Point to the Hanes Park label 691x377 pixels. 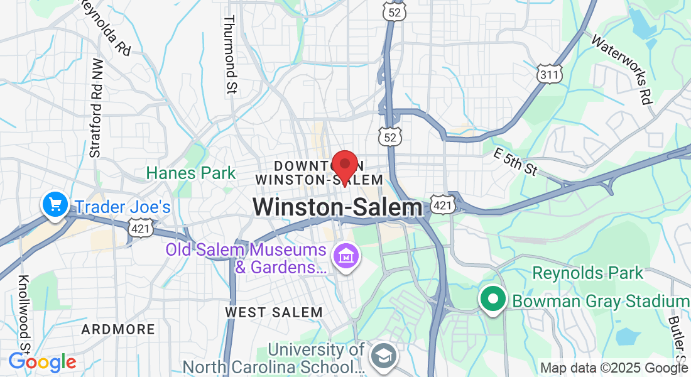click(191, 173)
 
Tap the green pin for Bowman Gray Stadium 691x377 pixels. click(493, 299)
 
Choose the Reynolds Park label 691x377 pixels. click(588, 273)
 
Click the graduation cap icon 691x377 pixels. click(382, 356)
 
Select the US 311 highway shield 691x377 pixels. click(550, 74)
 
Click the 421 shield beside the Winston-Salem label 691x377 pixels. click(442, 205)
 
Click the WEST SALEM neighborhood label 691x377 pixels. click(274, 312)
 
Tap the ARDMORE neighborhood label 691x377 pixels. click(118, 329)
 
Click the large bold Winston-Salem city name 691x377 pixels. click(337, 207)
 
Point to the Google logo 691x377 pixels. click(42, 362)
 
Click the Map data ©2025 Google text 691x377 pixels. click(614, 368)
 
